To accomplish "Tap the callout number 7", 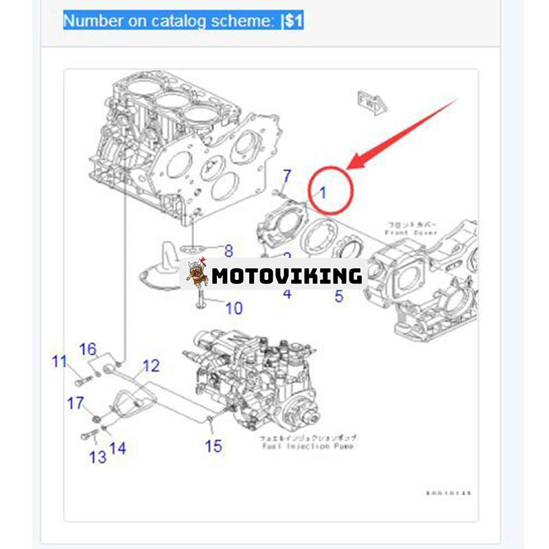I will point(288,176).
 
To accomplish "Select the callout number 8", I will point(229,251).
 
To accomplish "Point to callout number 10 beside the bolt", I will point(233,308).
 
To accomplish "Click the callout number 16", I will point(88,350).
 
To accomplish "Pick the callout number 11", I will point(60,361).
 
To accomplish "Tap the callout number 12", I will point(150,366).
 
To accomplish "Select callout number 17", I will point(75,403).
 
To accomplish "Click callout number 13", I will point(97,456).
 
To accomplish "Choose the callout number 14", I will point(117,448).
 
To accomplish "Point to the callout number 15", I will point(213,446).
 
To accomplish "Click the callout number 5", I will point(339,296).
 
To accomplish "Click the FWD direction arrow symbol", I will point(372,103).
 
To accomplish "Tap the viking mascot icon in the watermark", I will point(197,274).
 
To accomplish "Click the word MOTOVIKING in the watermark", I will point(286,276).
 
